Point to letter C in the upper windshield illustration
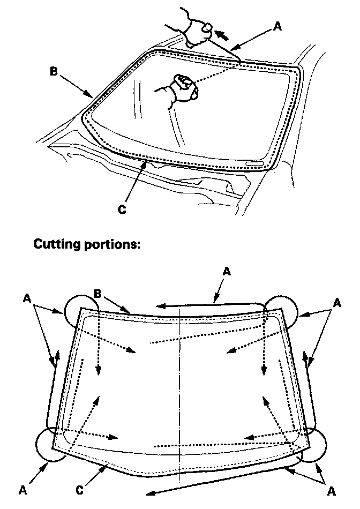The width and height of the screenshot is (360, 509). pyautogui.click(x=122, y=209)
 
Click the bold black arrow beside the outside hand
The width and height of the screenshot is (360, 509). pyautogui.click(x=224, y=37)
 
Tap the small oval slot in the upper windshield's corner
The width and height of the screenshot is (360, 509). pyautogui.click(x=255, y=162)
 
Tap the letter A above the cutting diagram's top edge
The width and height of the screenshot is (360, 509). pyautogui.click(x=227, y=272)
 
